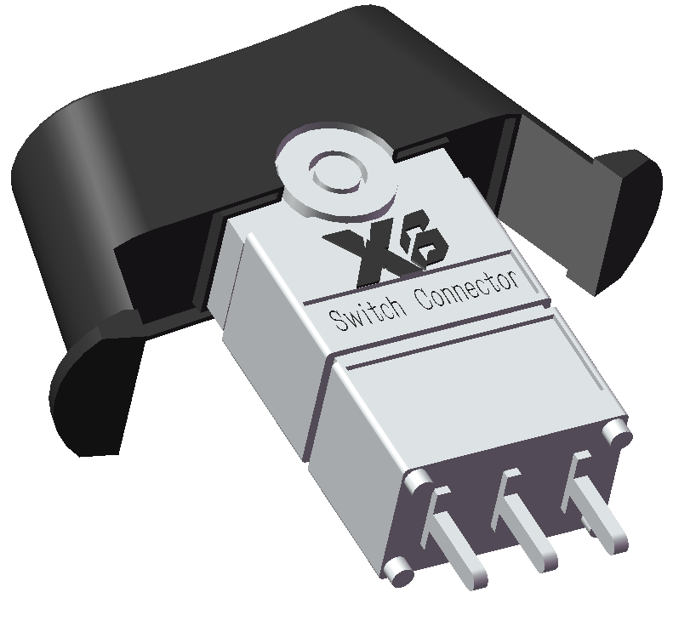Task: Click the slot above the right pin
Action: [580, 459]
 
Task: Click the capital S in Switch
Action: [334, 322]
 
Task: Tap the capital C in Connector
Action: [419, 302]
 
